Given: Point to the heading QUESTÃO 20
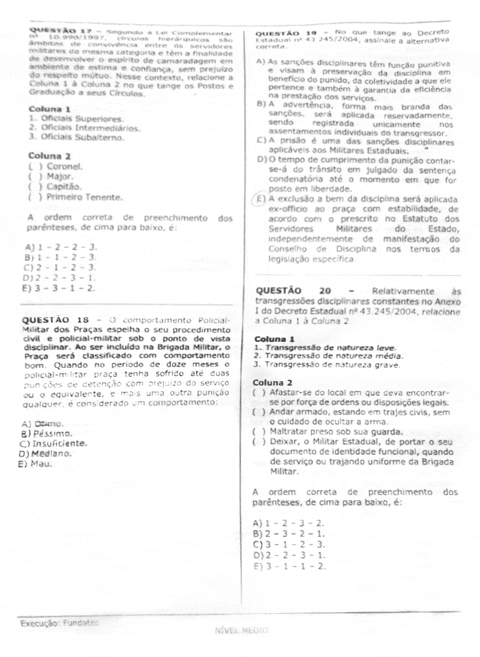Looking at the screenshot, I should click(x=287, y=290).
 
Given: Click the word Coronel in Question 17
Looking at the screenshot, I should click(x=64, y=166).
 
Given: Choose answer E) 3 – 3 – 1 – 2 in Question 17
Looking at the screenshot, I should click(x=60, y=288).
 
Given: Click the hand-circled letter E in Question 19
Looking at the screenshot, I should click(x=259, y=200).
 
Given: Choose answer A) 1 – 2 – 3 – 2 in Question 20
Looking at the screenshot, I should click(x=288, y=523).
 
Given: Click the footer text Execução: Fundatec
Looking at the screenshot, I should click(x=59, y=623).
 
